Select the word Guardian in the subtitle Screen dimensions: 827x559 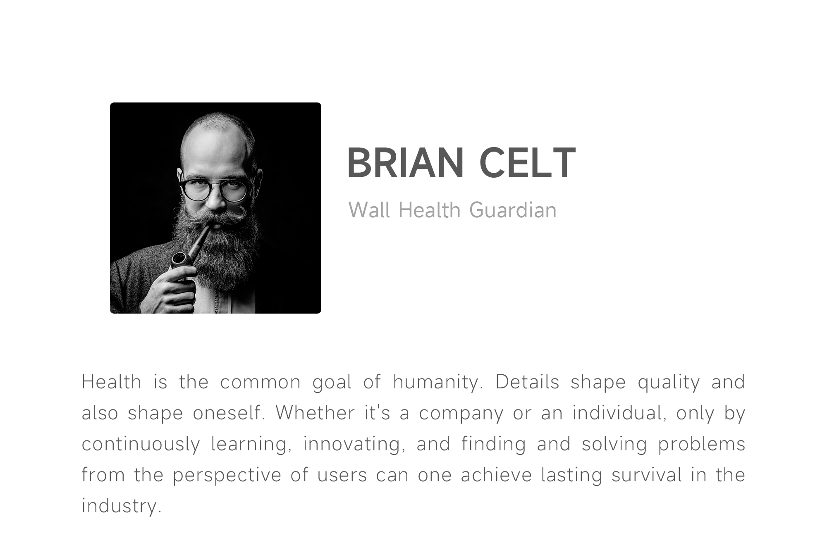tap(513, 210)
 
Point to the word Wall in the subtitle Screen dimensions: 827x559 tap(369, 210)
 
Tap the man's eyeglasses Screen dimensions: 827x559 tap(215, 188)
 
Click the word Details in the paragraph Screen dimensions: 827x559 tap(527, 382)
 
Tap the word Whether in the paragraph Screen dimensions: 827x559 tap(315, 412)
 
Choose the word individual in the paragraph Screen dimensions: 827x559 tap(619, 413)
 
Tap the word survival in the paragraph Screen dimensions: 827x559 tap(647, 475)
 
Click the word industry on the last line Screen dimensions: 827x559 tap(121, 506)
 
